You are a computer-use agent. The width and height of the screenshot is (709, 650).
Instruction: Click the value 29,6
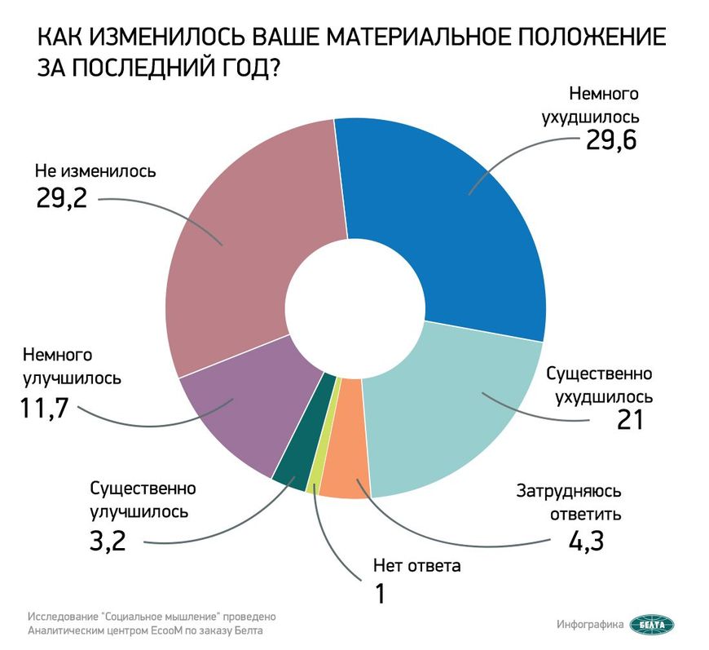pos(610,142)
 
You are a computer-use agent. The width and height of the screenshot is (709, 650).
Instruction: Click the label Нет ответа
pos(416,565)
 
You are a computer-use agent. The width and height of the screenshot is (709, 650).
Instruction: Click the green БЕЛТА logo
pos(653,624)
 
